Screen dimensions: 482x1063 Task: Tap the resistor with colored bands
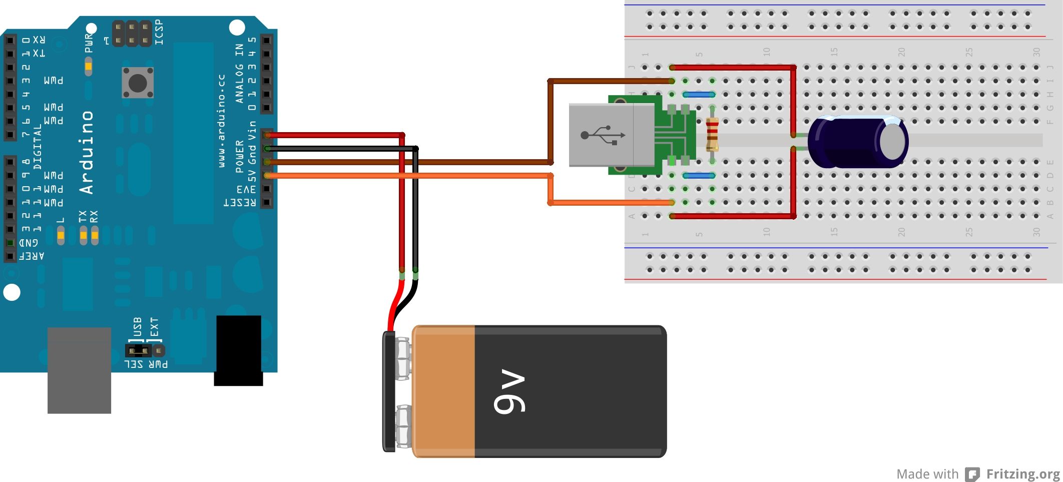[x=712, y=134]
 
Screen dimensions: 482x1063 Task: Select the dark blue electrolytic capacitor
[x=856, y=142]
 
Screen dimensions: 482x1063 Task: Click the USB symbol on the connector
[x=603, y=135]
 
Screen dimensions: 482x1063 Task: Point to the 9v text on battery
[x=509, y=392]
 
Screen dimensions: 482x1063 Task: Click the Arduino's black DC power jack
[x=239, y=350]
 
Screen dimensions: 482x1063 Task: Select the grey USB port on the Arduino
[x=79, y=370]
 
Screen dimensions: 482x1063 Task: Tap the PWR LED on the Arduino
[x=89, y=66]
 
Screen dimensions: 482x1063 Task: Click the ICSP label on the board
[x=159, y=32]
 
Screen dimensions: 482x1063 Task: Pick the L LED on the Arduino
[x=61, y=234]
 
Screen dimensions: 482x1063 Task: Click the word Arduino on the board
[x=86, y=153]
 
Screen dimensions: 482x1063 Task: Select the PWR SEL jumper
[x=139, y=350]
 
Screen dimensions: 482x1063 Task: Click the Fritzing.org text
[x=1022, y=473]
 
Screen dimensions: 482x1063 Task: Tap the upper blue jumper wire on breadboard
[x=699, y=94]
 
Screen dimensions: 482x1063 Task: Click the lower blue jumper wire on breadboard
[x=699, y=176]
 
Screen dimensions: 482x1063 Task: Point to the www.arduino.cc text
[x=222, y=120]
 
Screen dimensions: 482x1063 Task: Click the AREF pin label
[x=32, y=256]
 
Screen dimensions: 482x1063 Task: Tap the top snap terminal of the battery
[x=403, y=358]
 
